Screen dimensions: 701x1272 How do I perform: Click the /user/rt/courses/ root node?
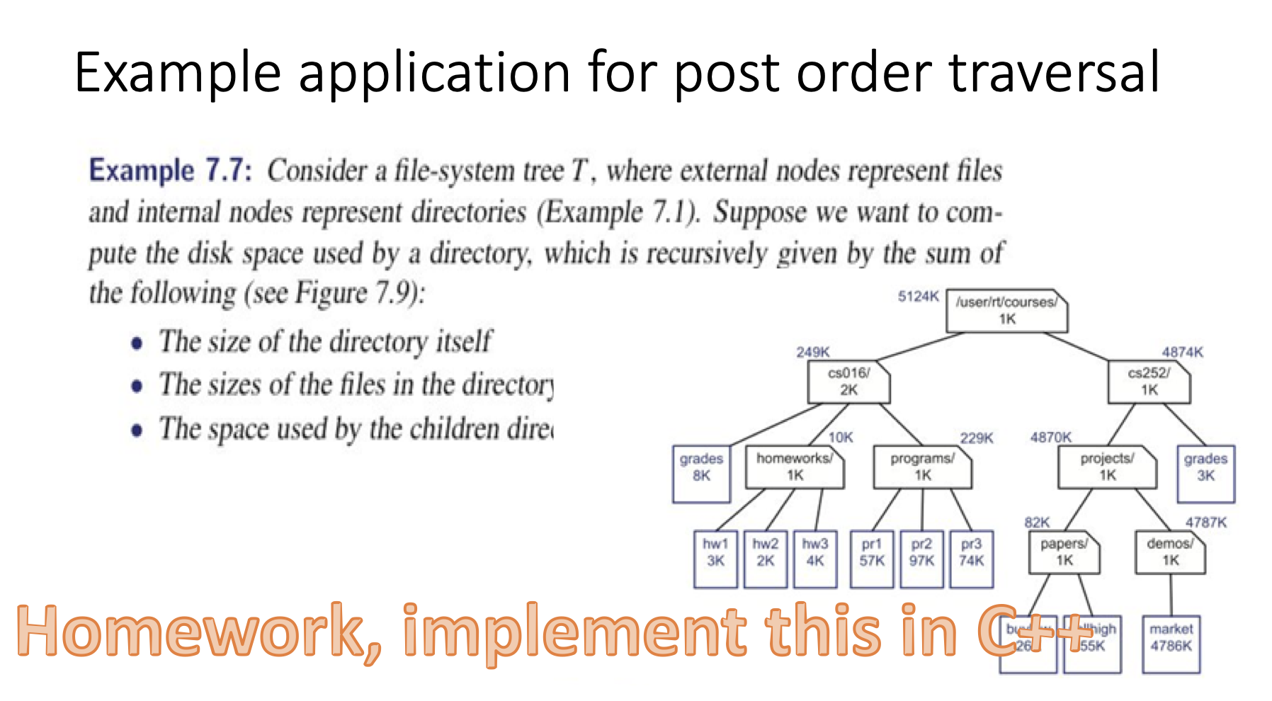1006,311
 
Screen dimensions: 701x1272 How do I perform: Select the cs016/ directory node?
848,382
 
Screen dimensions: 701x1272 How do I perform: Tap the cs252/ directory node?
1149,382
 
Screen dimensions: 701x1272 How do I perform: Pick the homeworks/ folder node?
795,467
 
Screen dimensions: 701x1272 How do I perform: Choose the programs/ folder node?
922,467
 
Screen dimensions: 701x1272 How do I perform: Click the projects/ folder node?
1107,467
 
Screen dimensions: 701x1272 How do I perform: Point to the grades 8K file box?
701,474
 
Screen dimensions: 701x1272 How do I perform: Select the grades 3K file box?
1205,474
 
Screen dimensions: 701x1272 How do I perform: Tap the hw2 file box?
765,559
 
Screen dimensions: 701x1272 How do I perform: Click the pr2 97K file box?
921,559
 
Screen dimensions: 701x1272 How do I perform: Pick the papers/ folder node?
1064,552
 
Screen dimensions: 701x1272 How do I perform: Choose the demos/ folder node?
1170,552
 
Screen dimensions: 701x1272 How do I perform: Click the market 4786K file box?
1171,644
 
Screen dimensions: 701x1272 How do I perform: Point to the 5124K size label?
918,297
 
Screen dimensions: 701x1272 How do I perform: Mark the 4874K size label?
1182,352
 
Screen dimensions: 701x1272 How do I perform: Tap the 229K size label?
976,438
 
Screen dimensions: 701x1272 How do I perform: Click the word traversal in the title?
1054,72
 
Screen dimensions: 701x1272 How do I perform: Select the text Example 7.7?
170,171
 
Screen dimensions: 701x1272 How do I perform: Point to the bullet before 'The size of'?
137,344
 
